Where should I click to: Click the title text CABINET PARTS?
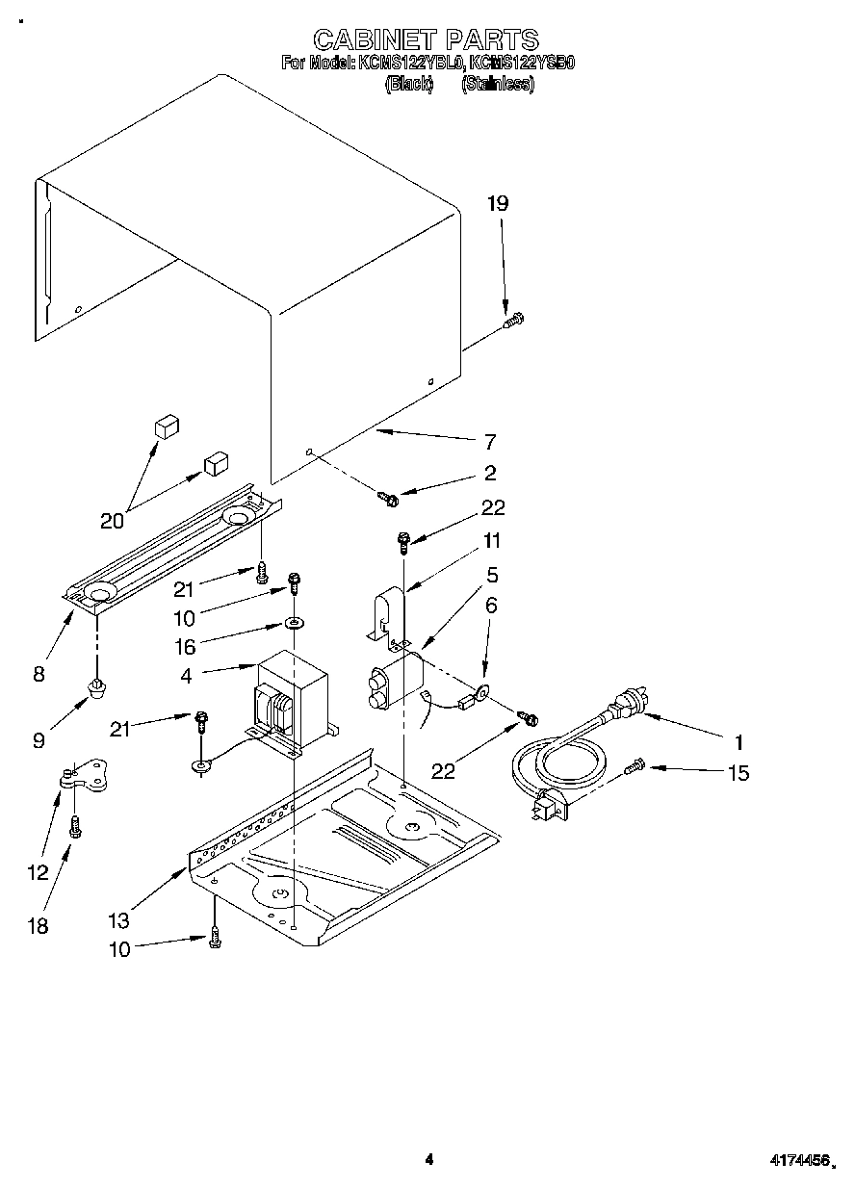427,39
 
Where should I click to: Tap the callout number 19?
497,203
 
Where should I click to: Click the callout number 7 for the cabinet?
489,442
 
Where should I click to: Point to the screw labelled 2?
390,498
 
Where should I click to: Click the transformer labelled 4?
290,689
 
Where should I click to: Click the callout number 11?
491,540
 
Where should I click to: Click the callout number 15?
738,772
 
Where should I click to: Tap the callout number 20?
112,521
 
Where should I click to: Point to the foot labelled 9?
96,687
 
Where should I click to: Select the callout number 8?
39,674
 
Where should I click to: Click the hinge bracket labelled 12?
88,775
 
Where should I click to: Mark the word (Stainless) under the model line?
497,84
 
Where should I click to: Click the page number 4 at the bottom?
429,1159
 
